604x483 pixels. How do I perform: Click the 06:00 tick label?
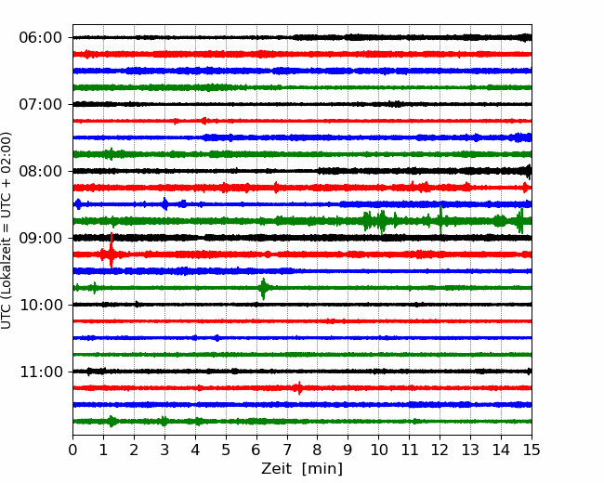[x=41, y=38]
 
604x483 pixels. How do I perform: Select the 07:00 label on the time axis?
[x=41, y=104]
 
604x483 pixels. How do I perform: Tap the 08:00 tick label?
[x=41, y=172]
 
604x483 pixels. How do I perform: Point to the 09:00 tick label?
[x=41, y=238]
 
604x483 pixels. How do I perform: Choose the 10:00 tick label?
[x=41, y=305]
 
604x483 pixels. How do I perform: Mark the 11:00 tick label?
[x=41, y=372]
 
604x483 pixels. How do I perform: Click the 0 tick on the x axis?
[x=72, y=450]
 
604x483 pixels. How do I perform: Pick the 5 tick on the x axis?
[x=226, y=450]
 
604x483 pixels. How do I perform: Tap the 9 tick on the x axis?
[x=348, y=450]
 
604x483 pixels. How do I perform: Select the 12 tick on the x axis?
[x=440, y=450]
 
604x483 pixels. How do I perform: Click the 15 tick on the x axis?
[x=532, y=450]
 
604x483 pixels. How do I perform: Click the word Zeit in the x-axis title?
[x=276, y=469]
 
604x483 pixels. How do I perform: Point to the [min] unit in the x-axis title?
[x=322, y=469]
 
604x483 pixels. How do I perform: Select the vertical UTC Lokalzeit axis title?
[x=7, y=230]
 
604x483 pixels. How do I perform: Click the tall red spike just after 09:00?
[x=112, y=251]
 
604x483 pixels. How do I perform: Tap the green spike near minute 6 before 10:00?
[x=264, y=289]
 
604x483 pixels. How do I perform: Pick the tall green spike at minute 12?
[x=440, y=220]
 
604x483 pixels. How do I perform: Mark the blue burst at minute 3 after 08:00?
[x=164, y=203]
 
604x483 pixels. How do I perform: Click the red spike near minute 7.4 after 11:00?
[x=299, y=388]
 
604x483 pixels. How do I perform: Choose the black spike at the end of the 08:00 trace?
[x=529, y=172]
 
